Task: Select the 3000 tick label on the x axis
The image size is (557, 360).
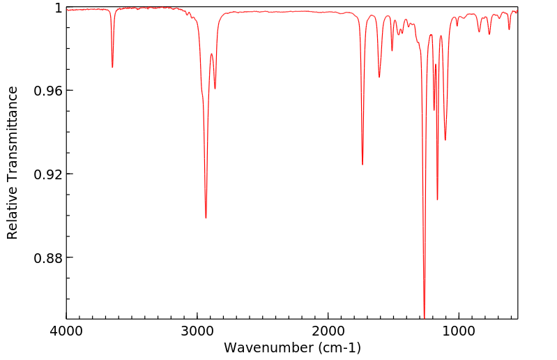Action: pos(197,330)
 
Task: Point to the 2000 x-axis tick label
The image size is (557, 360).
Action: pos(328,330)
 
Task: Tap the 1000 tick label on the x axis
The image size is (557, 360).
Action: pos(459,330)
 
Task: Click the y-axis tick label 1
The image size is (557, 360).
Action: pos(59,8)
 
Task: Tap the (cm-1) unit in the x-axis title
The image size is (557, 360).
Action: pos(339,347)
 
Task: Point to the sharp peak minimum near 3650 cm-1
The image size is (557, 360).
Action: pos(112,67)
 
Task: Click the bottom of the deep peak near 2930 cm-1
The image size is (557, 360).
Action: pos(206,218)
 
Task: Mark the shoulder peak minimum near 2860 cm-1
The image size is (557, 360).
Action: pos(215,89)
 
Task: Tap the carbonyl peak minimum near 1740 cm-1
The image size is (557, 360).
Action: pos(363,165)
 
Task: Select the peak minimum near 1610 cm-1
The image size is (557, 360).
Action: pos(379,77)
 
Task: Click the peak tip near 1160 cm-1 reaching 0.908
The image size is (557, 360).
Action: pos(437,200)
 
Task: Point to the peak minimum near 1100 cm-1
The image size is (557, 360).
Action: pos(445,140)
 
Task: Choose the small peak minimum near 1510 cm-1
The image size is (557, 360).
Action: pos(392,51)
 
